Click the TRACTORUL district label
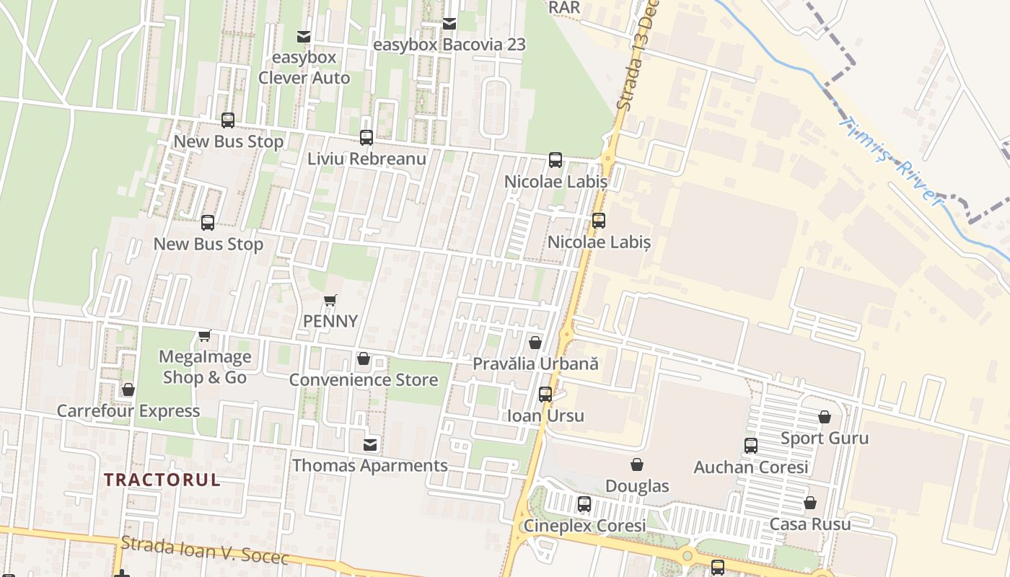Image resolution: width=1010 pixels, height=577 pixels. click(x=162, y=480)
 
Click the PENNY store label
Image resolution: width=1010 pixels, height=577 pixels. click(x=330, y=321)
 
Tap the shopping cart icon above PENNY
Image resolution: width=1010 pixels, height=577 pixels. click(x=330, y=300)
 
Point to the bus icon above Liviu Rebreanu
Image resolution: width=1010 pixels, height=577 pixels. click(x=366, y=138)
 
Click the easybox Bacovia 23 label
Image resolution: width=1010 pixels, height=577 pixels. click(x=449, y=45)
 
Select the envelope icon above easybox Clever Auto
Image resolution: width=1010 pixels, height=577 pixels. click(x=304, y=36)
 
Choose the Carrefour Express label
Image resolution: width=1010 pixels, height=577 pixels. click(x=128, y=411)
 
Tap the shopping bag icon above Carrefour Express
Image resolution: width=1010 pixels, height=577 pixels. click(x=128, y=390)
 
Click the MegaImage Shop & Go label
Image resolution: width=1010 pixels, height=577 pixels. click(x=205, y=367)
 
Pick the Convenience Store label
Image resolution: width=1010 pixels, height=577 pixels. click(x=364, y=380)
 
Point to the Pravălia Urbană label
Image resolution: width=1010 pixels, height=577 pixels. click(x=535, y=364)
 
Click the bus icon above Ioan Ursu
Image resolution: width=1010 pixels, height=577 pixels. click(x=545, y=395)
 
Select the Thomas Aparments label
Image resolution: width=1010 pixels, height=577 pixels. click(x=370, y=466)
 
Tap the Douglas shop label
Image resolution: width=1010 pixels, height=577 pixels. click(x=637, y=486)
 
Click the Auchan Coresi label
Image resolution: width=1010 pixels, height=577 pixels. click(x=751, y=467)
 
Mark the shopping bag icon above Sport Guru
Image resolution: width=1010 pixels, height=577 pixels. click(x=825, y=418)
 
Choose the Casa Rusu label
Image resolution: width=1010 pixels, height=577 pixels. click(x=810, y=524)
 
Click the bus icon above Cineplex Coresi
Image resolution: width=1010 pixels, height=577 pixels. click(x=584, y=504)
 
